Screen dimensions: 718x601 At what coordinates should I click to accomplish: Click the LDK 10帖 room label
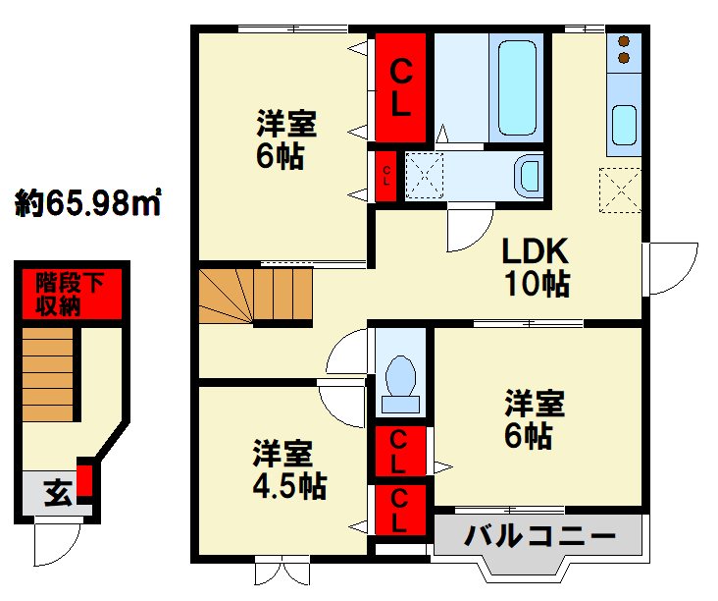[x=536, y=267]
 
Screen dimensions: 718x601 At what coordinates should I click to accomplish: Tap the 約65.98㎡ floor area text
[x=88, y=202]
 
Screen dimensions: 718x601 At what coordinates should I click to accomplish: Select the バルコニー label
[x=539, y=535]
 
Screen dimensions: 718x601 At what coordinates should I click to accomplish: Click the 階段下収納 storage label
[x=70, y=294]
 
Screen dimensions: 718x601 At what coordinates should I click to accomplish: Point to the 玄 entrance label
[x=58, y=493]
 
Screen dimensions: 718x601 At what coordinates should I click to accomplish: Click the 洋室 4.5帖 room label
[x=289, y=469]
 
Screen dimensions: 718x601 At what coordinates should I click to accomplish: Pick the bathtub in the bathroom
[x=517, y=88]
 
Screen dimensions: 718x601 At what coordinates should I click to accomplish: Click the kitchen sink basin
[x=624, y=125]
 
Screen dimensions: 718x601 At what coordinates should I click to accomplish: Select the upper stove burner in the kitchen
[x=623, y=41]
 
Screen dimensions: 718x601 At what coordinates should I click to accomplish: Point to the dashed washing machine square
[x=425, y=176]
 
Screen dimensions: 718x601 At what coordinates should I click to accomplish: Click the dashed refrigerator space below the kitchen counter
[x=620, y=191]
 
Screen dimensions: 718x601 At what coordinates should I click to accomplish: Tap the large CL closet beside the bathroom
[x=400, y=87]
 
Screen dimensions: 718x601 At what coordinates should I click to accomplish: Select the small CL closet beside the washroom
[x=386, y=176]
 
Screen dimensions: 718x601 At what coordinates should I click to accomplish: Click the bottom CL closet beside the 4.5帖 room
[x=400, y=510]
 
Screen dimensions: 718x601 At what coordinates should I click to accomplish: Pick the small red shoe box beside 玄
[x=84, y=480]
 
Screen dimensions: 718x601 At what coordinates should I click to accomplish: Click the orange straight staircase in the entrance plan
[x=48, y=373]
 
